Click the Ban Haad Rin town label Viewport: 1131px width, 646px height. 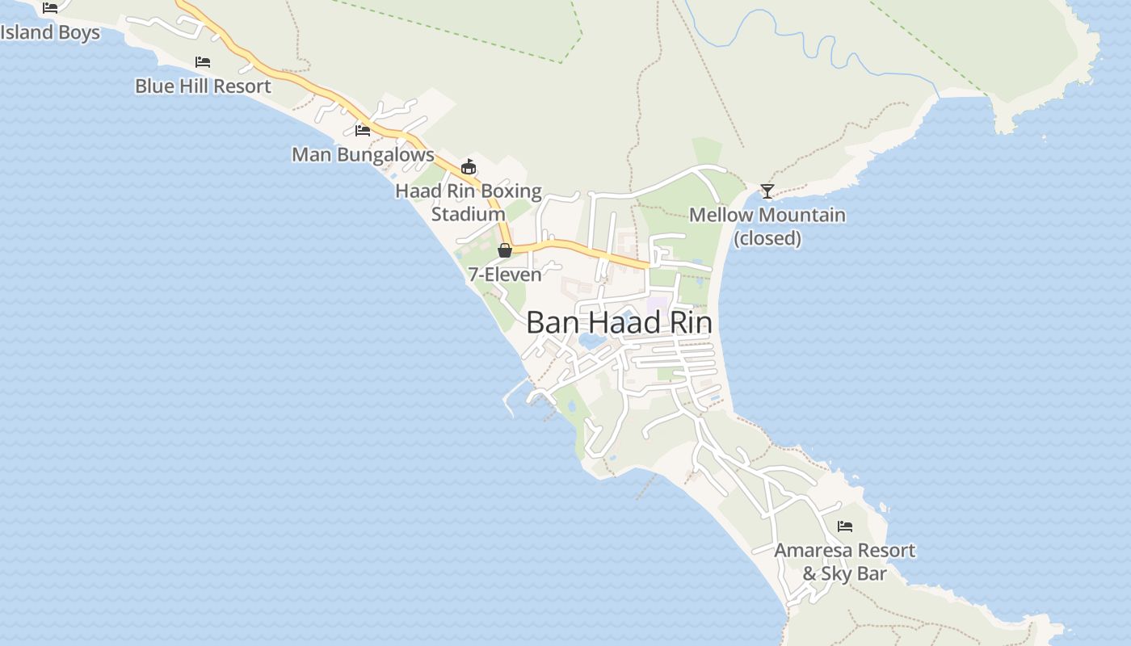(x=619, y=323)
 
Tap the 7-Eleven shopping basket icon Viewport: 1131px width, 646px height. (x=505, y=250)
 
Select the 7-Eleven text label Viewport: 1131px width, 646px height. (x=505, y=275)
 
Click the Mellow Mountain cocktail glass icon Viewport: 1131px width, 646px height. (x=767, y=191)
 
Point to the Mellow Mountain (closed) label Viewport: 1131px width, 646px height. (x=767, y=226)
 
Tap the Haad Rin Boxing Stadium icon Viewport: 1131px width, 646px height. (x=468, y=167)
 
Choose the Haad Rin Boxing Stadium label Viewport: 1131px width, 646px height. (x=469, y=203)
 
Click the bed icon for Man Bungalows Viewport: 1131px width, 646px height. (x=363, y=130)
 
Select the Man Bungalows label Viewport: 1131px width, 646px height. (x=363, y=154)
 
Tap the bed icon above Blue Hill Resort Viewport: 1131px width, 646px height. (x=203, y=61)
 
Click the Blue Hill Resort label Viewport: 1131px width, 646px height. (x=203, y=86)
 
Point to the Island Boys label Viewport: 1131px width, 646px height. (x=50, y=32)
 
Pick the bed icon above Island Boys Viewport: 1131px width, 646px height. (x=50, y=7)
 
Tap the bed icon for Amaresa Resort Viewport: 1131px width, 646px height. (x=845, y=526)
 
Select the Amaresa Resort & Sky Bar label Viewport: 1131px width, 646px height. (x=845, y=562)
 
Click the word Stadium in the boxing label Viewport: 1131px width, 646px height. (x=469, y=215)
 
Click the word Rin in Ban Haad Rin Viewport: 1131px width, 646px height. (x=692, y=323)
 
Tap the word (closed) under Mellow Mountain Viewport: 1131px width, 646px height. (x=767, y=238)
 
